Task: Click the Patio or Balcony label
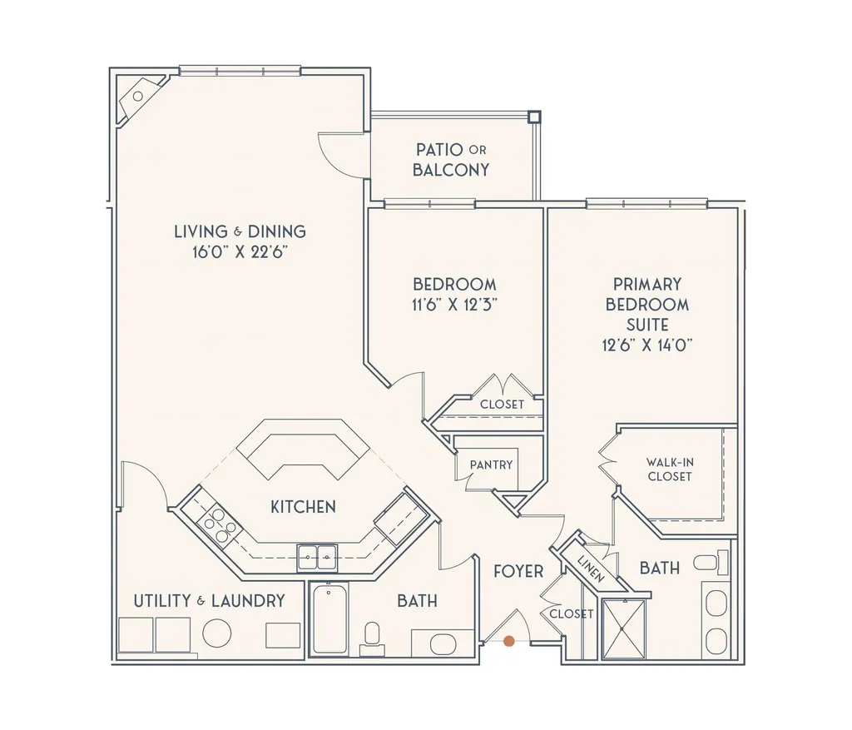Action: point(451,160)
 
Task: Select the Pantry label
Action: point(491,464)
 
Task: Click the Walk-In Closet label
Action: point(670,469)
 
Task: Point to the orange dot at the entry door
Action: point(508,641)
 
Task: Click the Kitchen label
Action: point(303,506)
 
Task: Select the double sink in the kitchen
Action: point(317,556)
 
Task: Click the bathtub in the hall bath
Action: point(329,619)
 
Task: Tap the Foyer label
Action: point(518,572)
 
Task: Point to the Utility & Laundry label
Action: point(210,600)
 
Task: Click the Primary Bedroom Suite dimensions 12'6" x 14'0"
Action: point(647,345)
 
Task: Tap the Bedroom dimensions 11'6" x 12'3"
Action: point(454,305)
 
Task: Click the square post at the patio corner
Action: point(534,117)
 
